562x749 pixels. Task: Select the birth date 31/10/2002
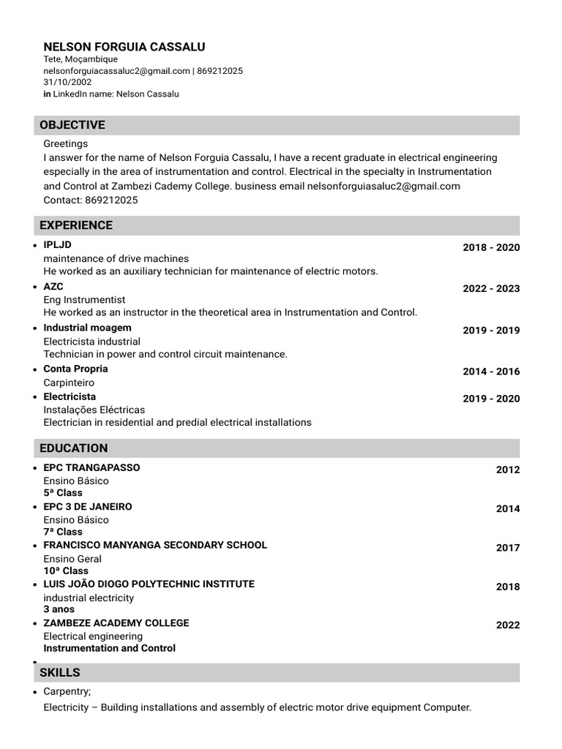point(67,82)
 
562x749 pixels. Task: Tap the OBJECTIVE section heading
point(72,125)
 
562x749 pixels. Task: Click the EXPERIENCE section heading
point(76,225)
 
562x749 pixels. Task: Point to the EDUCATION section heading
point(73,448)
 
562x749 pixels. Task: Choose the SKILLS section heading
point(60,673)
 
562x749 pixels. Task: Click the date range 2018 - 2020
point(491,247)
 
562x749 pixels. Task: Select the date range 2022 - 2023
point(491,288)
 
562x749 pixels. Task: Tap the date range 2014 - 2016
point(491,372)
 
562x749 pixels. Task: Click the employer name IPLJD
point(58,245)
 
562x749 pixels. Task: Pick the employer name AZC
point(53,287)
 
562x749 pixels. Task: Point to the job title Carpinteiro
point(69,383)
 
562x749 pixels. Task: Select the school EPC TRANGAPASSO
point(91,467)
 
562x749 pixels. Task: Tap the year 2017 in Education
point(508,548)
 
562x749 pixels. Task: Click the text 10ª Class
point(66,571)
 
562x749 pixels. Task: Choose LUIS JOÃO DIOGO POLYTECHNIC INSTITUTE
point(149,584)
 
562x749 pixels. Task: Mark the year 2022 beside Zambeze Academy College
point(508,625)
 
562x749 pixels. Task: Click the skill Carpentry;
point(67,691)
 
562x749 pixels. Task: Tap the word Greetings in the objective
point(65,144)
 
